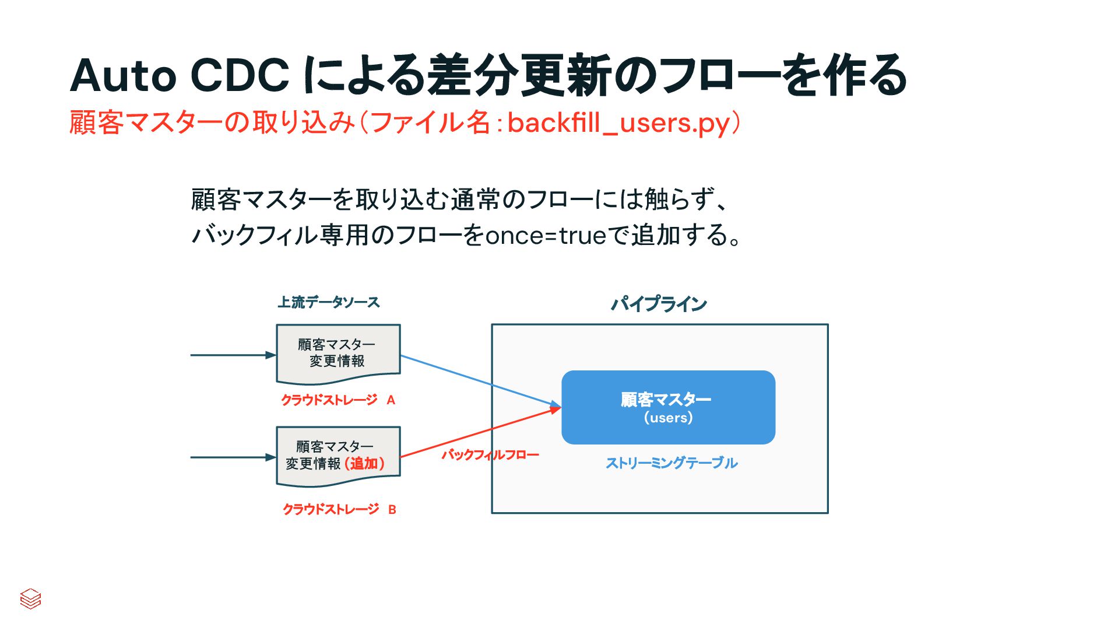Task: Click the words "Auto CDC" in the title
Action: point(180,76)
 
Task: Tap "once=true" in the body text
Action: point(546,236)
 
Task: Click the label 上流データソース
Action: point(328,302)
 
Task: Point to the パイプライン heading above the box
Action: point(659,304)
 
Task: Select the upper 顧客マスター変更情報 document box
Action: point(338,353)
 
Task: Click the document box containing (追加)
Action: point(338,456)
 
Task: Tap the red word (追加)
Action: point(364,464)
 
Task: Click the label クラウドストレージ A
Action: point(338,400)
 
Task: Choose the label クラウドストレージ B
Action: point(339,509)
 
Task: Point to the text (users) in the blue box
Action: point(668,418)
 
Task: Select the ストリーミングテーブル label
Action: point(671,463)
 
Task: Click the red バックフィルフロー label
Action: point(490,454)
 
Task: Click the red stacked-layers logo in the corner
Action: point(30,598)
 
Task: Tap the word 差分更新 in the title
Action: point(519,76)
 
